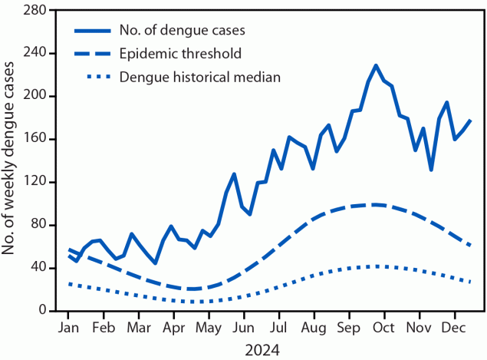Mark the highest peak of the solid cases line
(376, 65)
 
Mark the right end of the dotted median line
(471, 282)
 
